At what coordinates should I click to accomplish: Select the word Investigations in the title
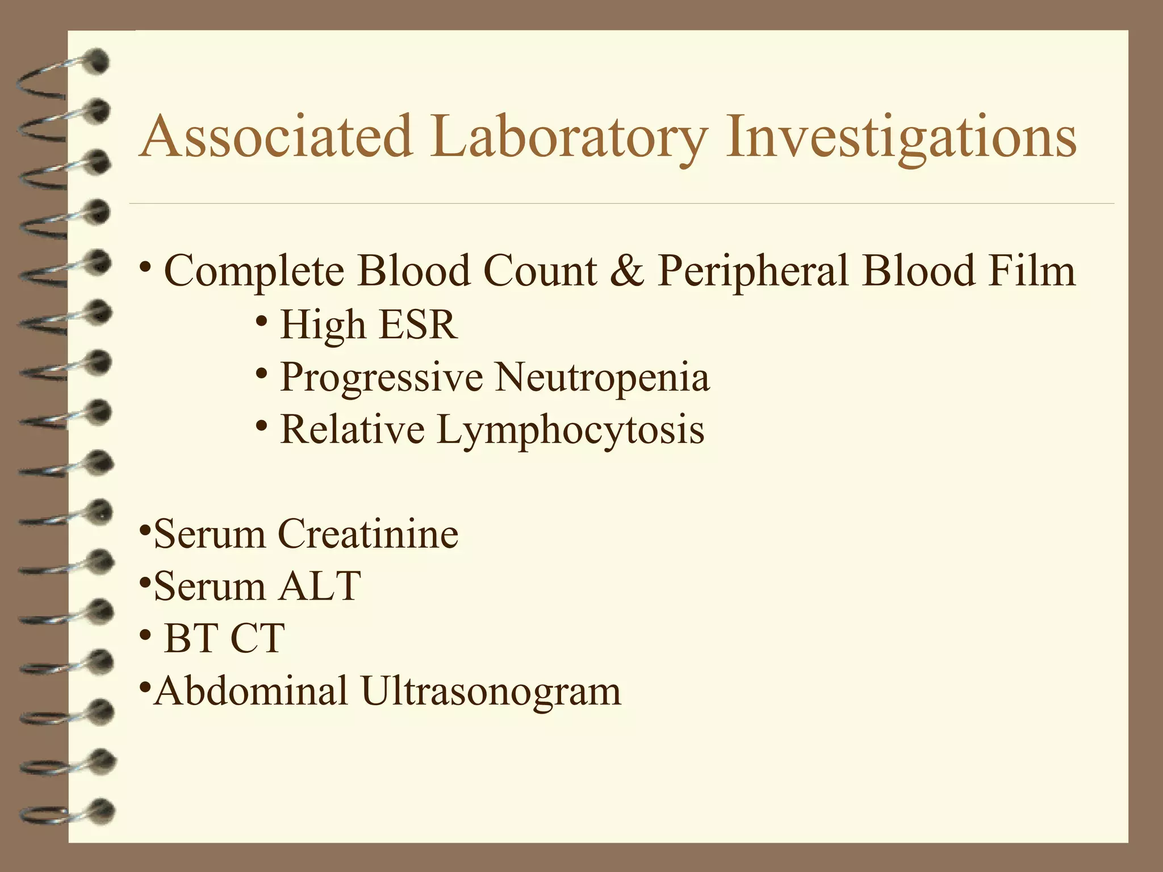(x=901, y=137)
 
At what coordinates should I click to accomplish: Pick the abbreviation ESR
(x=417, y=324)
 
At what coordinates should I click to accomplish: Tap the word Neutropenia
(x=603, y=377)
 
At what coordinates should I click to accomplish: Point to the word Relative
(x=352, y=429)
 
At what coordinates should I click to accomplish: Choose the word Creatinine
(x=367, y=534)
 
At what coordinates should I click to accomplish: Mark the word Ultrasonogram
(x=491, y=691)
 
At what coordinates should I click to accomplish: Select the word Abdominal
(x=251, y=691)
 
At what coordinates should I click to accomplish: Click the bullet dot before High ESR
(x=261, y=321)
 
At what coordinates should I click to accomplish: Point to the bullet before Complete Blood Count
(x=145, y=266)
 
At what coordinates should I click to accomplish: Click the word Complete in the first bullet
(x=254, y=271)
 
